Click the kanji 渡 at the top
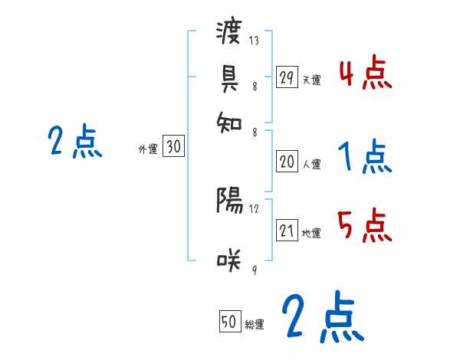pyautogui.click(x=229, y=34)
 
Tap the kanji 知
pyautogui.click(x=229, y=119)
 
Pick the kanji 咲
pyautogui.click(x=229, y=260)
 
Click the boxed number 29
pyautogui.click(x=287, y=77)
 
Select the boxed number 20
pyautogui.click(x=287, y=162)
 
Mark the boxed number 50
pyautogui.click(x=229, y=322)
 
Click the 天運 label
pyautogui.click(x=311, y=80)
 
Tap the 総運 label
pyautogui.click(x=255, y=324)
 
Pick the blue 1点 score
pyautogui.click(x=365, y=157)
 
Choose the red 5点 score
pyautogui.click(x=365, y=227)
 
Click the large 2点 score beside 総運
pyautogui.click(x=322, y=317)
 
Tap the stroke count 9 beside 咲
pyautogui.click(x=254, y=268)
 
